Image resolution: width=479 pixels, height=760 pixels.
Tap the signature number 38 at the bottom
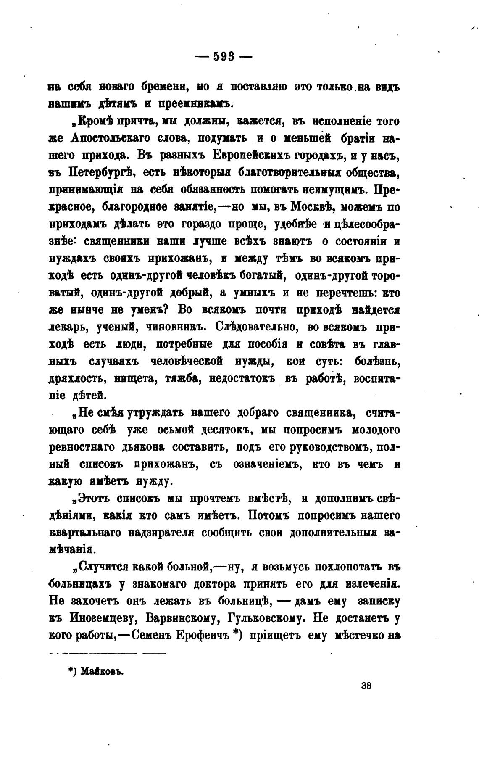(x=366, y=686)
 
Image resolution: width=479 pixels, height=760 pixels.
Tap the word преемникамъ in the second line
(x=195, y=104)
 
